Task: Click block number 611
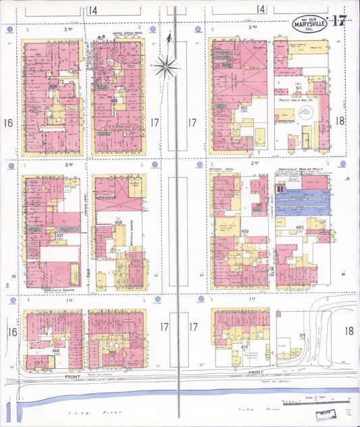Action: click(x=298, y=87)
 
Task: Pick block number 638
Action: click(x=119, y=222)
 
